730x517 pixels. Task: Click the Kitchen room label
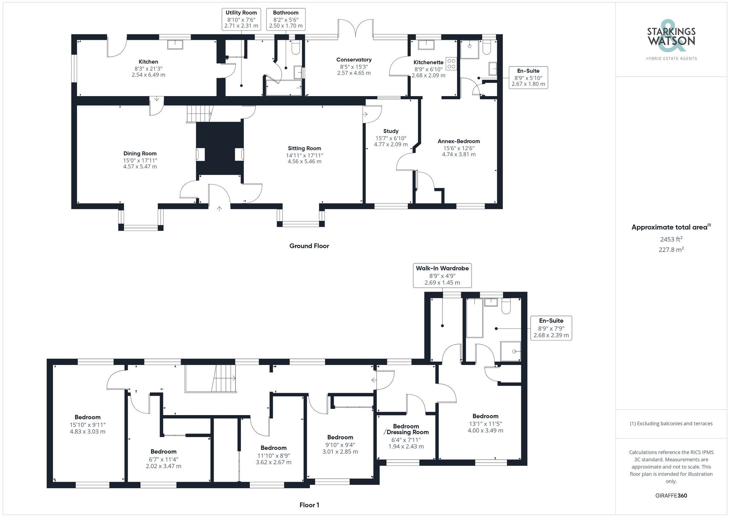pyautogui.click(x=148, y=62)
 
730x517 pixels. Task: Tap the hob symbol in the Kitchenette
pyautogui.click(x=451, y=64)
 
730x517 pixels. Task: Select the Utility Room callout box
pyautogui.click(x=241, y=19)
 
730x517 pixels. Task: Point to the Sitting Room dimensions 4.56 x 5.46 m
pyautogui.click(x=304, y=161)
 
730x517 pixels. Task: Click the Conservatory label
pyautogui.click(x=354, y=60)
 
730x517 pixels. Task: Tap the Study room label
pyautogui.click(x=391, y=131)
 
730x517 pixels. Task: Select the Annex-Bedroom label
pyautogui.click(x=458, y=141)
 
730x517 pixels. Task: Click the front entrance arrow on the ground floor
pyautogui.click(x=219, y=209)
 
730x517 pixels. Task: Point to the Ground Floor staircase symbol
pyautogui.click(x=200, y=114)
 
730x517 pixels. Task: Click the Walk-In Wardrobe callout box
pyautogui.click(x=442, y=275)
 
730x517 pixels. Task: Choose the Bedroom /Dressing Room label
pyautogui.click(x=406, y=429)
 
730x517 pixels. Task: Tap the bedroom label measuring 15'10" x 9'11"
pyautogui.click(x=88, y=417)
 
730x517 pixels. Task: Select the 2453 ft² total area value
pyautogui.click(x=671, y=240)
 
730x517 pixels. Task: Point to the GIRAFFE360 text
pyautogui.click(x=671, y=496)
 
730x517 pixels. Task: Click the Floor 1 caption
pyautogui.click(x=309, y=505)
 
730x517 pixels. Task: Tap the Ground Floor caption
pyautogui.click(x=309, y=246)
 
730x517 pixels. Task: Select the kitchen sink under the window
pyautogui.click(x=176, y=44)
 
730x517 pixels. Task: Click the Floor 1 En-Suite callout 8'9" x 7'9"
pyautogui.click(x=551, y=328)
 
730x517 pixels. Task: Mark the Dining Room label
pyautogui.click(x=140, y=154)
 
